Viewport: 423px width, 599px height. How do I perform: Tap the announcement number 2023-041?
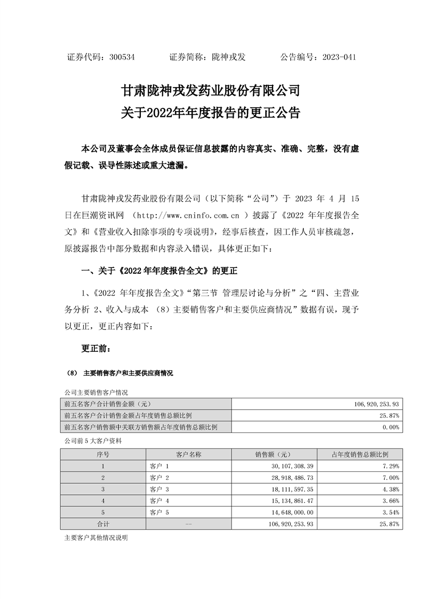click(x=339, y=57)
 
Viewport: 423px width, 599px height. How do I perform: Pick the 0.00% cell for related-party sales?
click(x=390, y=427)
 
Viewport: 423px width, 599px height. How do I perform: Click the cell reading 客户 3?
click(x=160, y=489)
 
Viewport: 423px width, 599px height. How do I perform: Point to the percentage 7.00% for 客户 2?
click(x=390, y=478)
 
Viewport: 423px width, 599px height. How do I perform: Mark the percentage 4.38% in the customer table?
click(x=390, y=489)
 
